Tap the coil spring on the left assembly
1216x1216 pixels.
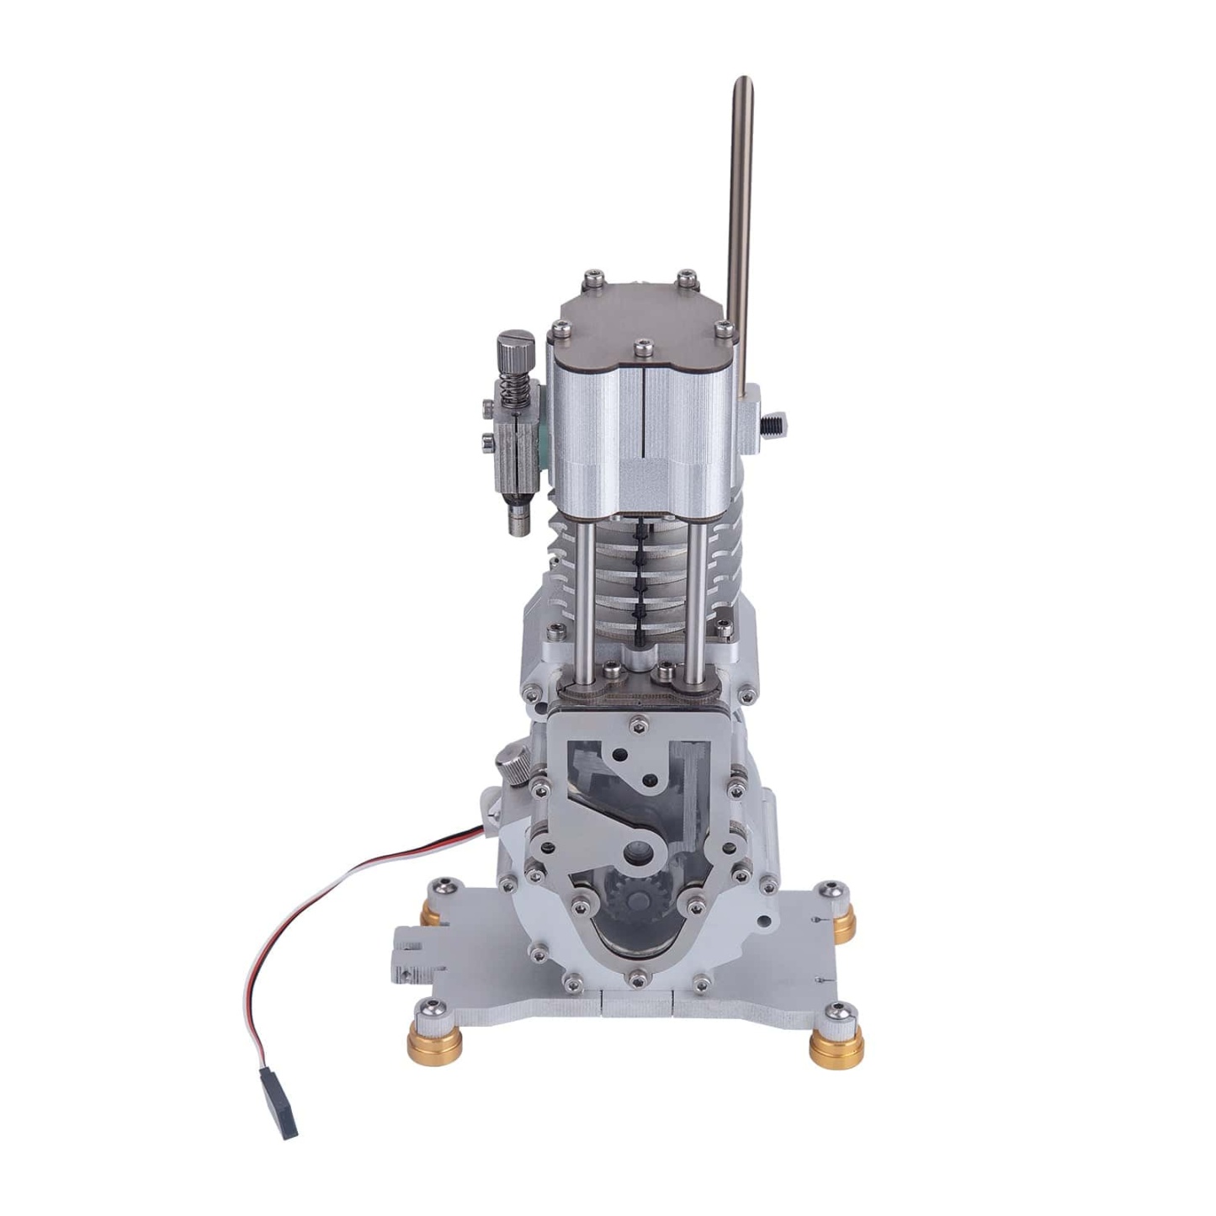click(515, 391)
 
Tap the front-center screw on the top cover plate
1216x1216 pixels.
click(643, 346)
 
